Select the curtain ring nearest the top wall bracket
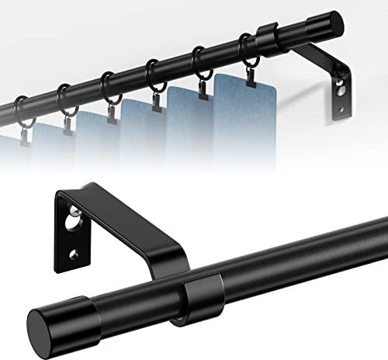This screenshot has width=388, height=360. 248,48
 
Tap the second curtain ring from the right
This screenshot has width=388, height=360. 200,61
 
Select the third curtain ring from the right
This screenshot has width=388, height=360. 152,71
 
